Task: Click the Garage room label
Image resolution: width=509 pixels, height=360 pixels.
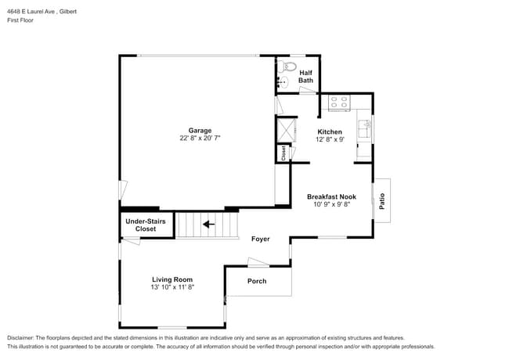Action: (x=200, y=131)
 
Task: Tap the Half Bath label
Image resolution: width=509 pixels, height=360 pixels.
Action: (x=305, y=76)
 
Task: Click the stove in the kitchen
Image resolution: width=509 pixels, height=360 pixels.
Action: (x=339, y=102)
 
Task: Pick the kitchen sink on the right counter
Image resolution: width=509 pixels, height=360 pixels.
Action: (x=363, y=127)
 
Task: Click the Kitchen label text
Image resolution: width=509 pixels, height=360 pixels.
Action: (x=329, y=131)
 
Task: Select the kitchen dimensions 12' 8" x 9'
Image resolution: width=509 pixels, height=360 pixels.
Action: (x=329, y=139)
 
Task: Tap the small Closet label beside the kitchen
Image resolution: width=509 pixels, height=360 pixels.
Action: (x=283, y=153)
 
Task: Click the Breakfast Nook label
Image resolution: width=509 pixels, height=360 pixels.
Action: (x=331, y=196)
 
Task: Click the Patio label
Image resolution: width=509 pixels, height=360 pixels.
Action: (x=382, y=200)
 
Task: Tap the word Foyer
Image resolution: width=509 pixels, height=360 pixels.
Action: (x=261, y=239)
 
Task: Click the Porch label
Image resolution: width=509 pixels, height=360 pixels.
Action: (x=257, y=281)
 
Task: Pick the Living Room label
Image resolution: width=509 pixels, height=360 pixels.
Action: (x=172, y=279)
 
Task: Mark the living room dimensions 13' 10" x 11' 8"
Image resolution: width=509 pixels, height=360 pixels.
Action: (x=172, y=287)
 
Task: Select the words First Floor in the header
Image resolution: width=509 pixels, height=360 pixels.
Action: (x=21, y=22)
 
